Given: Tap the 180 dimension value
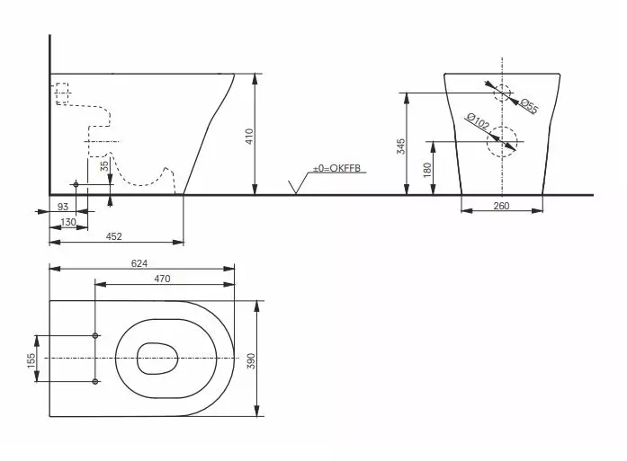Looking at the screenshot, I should (427, 167).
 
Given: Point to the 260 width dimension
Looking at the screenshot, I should (501, 206).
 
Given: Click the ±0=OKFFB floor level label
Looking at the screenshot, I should (336, 168).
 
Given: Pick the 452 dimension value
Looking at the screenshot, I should (115, 236).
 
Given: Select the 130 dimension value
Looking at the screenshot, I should (68, 222).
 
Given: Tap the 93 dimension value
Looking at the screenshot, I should (62, 207).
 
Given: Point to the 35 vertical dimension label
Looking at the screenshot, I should (104, 165).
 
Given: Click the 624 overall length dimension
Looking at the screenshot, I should (138, 263).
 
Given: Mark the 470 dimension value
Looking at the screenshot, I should (162, 279).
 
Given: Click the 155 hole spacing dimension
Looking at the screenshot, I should (31, 359).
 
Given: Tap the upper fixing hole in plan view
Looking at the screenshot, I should (94, 336).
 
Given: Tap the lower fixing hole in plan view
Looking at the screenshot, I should (94, 383).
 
